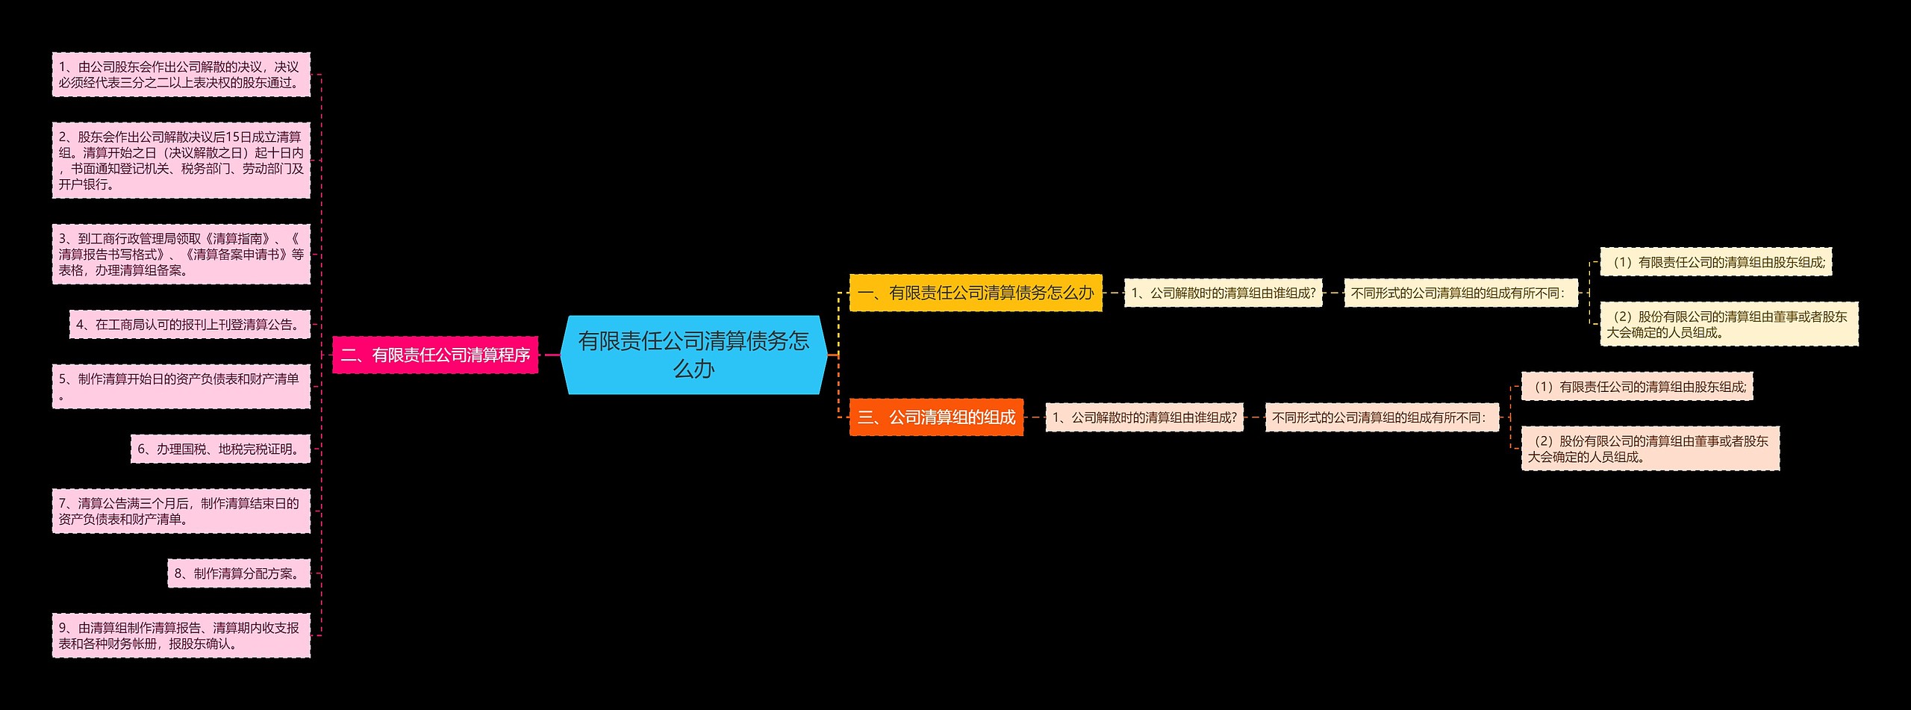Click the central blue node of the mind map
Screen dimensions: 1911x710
(693, 355)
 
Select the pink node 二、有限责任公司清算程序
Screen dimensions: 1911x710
(435, 355)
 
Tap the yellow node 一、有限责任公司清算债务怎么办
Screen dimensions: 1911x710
(976, 293)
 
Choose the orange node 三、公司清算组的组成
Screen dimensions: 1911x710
(936, 417)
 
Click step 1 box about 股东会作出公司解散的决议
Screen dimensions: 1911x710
(181, 75)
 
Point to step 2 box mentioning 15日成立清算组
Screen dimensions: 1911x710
(181, 161)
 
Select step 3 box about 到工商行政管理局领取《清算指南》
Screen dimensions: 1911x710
(181, 255)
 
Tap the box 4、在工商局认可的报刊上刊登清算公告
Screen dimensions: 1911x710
(190, 325)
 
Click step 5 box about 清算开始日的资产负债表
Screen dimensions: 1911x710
(181, 387)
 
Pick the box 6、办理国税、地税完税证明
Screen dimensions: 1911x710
(220, 449)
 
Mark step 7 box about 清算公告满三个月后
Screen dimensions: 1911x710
(181, 511)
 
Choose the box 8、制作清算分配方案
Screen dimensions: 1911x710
(239, 573)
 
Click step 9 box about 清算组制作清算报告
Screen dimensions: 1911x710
(181, 636)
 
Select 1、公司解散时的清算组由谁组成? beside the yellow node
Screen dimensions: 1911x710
(1223, 293)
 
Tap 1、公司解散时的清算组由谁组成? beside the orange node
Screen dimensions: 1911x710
(1144, 417)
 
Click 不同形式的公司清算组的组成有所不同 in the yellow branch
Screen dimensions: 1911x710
(1461, 293)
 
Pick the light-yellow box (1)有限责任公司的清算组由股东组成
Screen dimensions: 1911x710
(1715, 262)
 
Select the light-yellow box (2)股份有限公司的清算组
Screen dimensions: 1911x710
(1729, 324)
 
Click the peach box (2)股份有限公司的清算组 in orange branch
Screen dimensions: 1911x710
(1650, 449)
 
